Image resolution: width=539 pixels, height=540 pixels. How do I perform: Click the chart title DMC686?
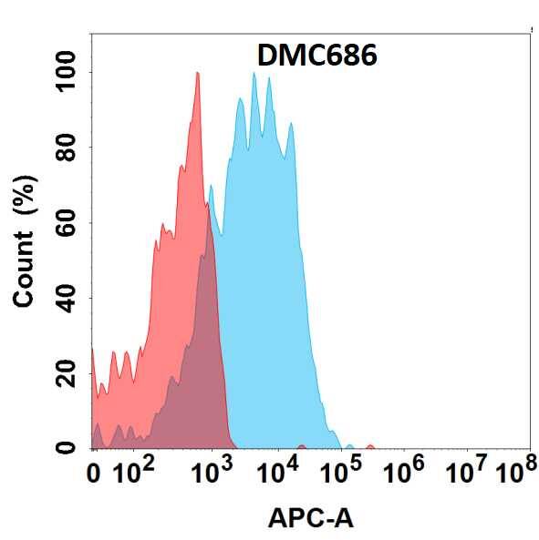317,56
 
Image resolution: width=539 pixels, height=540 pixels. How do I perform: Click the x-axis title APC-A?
310,518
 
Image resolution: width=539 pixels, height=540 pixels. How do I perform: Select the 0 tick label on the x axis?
94,473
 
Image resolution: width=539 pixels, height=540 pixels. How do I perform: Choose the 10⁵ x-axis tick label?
342,471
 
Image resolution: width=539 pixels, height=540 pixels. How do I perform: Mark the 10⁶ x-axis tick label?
406,471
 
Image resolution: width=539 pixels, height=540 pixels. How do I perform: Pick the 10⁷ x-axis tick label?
468,471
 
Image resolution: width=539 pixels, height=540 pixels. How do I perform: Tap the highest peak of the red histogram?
197,75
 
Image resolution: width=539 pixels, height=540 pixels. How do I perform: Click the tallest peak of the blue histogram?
254,76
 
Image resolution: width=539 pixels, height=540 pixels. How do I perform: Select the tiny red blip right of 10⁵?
369,446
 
